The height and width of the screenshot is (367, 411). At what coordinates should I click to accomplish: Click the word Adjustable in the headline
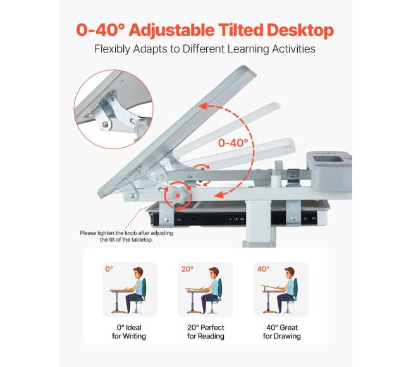pyautogui.click(x=172, y=30)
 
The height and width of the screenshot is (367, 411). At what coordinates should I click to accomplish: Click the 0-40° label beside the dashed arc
pyautogui.click(x=233, y=143)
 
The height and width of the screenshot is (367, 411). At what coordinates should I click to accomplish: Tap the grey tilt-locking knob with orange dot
pyautogui.click(x=178, y=196)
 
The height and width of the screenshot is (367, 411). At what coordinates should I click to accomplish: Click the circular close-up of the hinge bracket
pyautogui.click(x=113, y=109)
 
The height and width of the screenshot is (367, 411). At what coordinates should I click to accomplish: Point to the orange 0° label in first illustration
pyautogui.click(x=109, y=269)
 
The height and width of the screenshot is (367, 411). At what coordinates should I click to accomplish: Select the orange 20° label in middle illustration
pyautogui.click(x=187, y=269)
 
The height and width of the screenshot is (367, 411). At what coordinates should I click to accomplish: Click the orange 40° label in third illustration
pyautogui.click(x=263, y=269)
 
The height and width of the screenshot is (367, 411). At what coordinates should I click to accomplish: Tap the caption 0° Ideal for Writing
pyautogui.click(x=129, y=332)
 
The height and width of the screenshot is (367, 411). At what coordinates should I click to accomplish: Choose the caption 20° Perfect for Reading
pyautogui.click(x=205, y=332)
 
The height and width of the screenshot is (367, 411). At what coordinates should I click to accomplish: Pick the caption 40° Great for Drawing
pyautogui.click(x=282, y=332)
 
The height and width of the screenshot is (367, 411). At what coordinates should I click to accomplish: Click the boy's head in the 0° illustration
pyautogui.click(x=138, y=274)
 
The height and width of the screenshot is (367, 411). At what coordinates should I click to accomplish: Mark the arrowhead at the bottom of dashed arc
pyautogui.click(x=219, y=195)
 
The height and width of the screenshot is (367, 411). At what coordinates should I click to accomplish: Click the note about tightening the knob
pyautogui.click(x=126, y=236)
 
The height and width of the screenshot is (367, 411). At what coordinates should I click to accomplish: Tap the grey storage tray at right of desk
pyautogui.click(x=329, y=170)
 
